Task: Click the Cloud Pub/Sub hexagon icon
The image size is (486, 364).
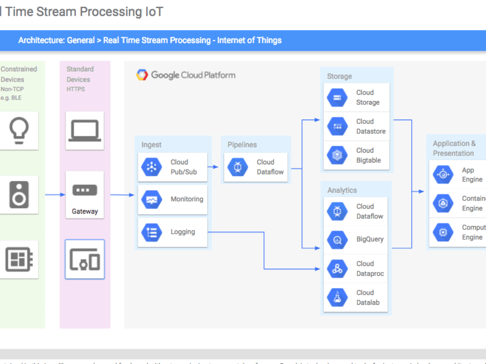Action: pyautogui.click(x=152, y=167)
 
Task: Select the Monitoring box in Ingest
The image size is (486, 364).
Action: pyautogui.click(x=173, y=199)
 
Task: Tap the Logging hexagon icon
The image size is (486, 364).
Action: pyautogui.click(x=152, y=232)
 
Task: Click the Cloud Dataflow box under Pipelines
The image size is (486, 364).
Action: pyautogui.click(x=255, y=167)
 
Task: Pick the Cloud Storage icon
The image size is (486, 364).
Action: pyautogui.click(x=337, y=98)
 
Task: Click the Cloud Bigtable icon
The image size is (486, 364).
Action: pyautogui.click(x=337, y=155)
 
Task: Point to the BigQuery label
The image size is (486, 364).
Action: pyautogui.click(x=369, y=239)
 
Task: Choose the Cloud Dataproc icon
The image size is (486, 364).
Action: pyautogui.click(x=337, y=268)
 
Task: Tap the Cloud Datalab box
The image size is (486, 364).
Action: pyautogui.click(x=357, y=298)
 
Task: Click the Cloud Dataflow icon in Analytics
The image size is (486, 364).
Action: pyautogui.click(x=337, y=212)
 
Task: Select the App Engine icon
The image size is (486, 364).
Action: pyautogui.click(x=443, y=175)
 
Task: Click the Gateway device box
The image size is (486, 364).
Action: pyautogui.click(x=85, y=195)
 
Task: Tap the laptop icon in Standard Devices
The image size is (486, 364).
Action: pyautogui.click(x=85, y=131)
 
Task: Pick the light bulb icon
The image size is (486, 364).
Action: pyautogui.click(x=19, y=131)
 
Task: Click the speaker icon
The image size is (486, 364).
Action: pyautogui.click(x=19, y=195)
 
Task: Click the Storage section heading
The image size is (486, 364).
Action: pyautogui.click(x=339, y=76)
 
